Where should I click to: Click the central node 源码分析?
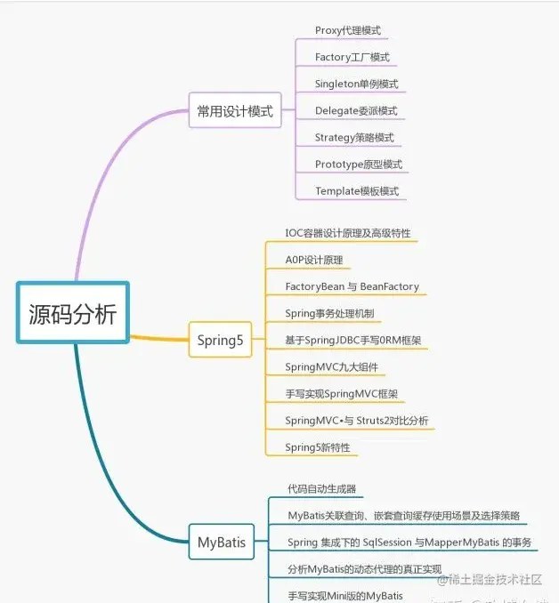point(73,313)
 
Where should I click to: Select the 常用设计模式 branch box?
point(235,112)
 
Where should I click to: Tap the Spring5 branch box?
point(220,339)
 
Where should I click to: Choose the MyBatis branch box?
point(222,540)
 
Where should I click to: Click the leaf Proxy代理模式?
point(347,30)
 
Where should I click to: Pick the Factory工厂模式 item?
point(352,57)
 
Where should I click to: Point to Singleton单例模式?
point(356,84)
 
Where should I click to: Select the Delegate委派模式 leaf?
point(355,111)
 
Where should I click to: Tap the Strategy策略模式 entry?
point(353,138)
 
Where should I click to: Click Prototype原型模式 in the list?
point(358,165)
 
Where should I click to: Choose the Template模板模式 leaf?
point(356,191)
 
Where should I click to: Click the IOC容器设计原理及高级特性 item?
point(347,233)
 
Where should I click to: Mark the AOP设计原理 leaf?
point(313,260)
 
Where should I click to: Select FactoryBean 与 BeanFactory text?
point(352,286)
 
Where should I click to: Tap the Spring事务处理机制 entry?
point(329,313)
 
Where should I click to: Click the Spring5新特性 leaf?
point(318,446)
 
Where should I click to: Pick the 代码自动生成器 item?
point(321,488)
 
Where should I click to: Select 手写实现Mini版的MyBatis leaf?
point(344,595)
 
